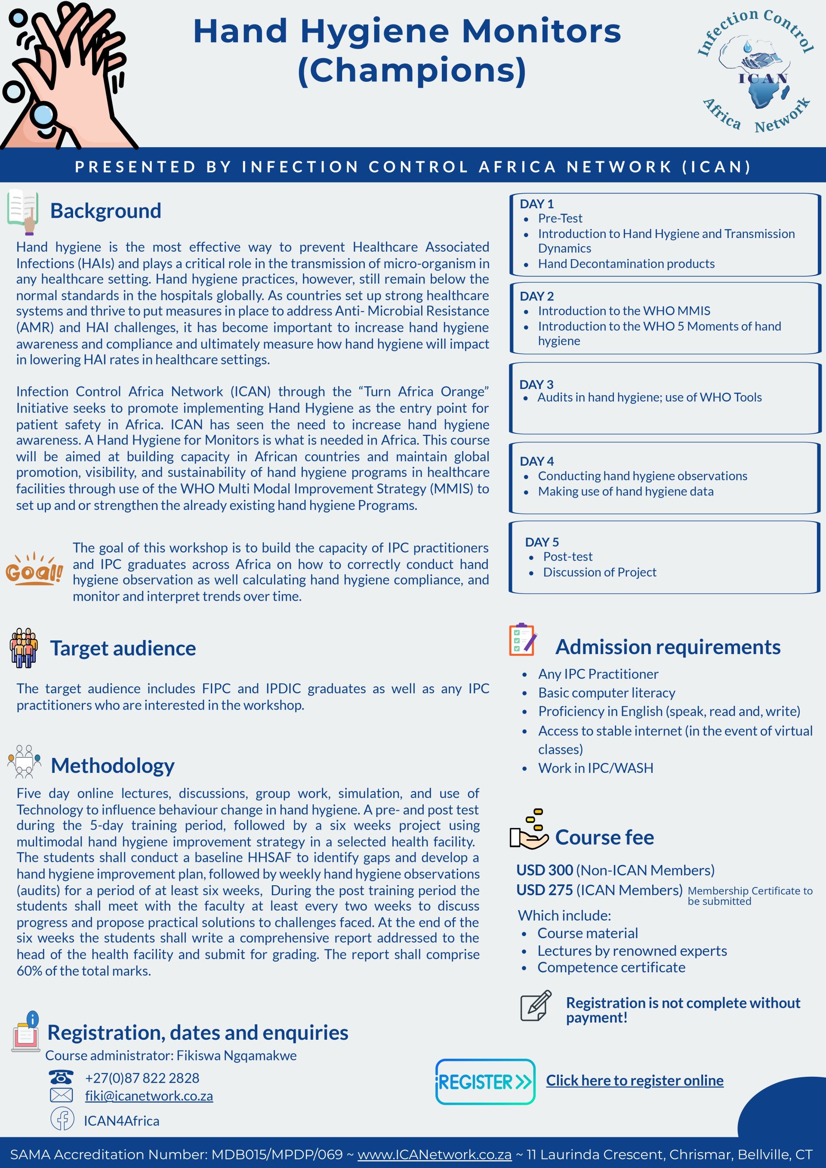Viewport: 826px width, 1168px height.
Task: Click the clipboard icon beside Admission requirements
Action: (522, 640)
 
